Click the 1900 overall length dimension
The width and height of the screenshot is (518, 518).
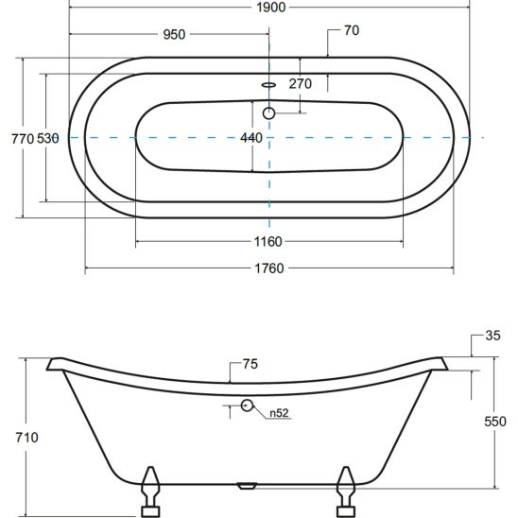(271, 8)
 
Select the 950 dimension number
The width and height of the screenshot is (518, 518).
(174, 34)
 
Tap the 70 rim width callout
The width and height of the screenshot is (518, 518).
(352, 30)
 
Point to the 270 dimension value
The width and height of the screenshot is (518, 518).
(300, 83)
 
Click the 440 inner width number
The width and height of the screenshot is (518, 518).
(251, 138)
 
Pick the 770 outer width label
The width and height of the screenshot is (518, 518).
(23, 139)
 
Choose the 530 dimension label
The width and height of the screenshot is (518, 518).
(48, 138)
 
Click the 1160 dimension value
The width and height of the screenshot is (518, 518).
(268, 242)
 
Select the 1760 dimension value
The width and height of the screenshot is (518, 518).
(269, 268)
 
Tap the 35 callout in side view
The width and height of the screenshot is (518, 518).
(492, 336)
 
